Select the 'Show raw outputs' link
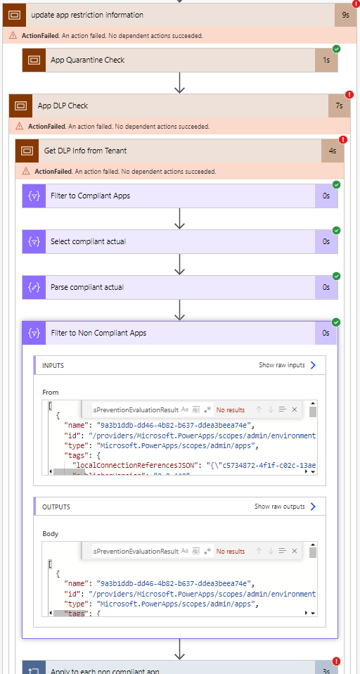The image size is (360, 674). point(285,507)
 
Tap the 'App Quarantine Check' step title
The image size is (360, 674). point(87,61)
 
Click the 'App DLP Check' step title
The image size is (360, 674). point(63,106)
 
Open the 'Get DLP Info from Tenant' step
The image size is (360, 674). point(85,151)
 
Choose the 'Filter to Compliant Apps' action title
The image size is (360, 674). point(90,196)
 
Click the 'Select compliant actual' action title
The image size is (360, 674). point(88,241)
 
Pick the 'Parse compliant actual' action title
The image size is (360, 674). point(87,287)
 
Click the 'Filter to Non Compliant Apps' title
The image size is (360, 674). point(98,333)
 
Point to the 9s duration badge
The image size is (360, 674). point(345,15)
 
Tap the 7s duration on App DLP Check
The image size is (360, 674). point(339,106)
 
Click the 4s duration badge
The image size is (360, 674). point(332,151)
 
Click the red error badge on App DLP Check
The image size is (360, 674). point(349,94)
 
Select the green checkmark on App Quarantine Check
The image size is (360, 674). point(336,49)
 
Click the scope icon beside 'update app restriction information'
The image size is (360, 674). point(15,15)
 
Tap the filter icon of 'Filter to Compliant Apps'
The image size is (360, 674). point(33,196)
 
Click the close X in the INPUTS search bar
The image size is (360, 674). point(295,409)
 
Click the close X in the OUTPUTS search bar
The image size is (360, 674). point(295,551)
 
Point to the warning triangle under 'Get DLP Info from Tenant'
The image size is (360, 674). point(27,171)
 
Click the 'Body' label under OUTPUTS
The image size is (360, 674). point(50,533)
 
